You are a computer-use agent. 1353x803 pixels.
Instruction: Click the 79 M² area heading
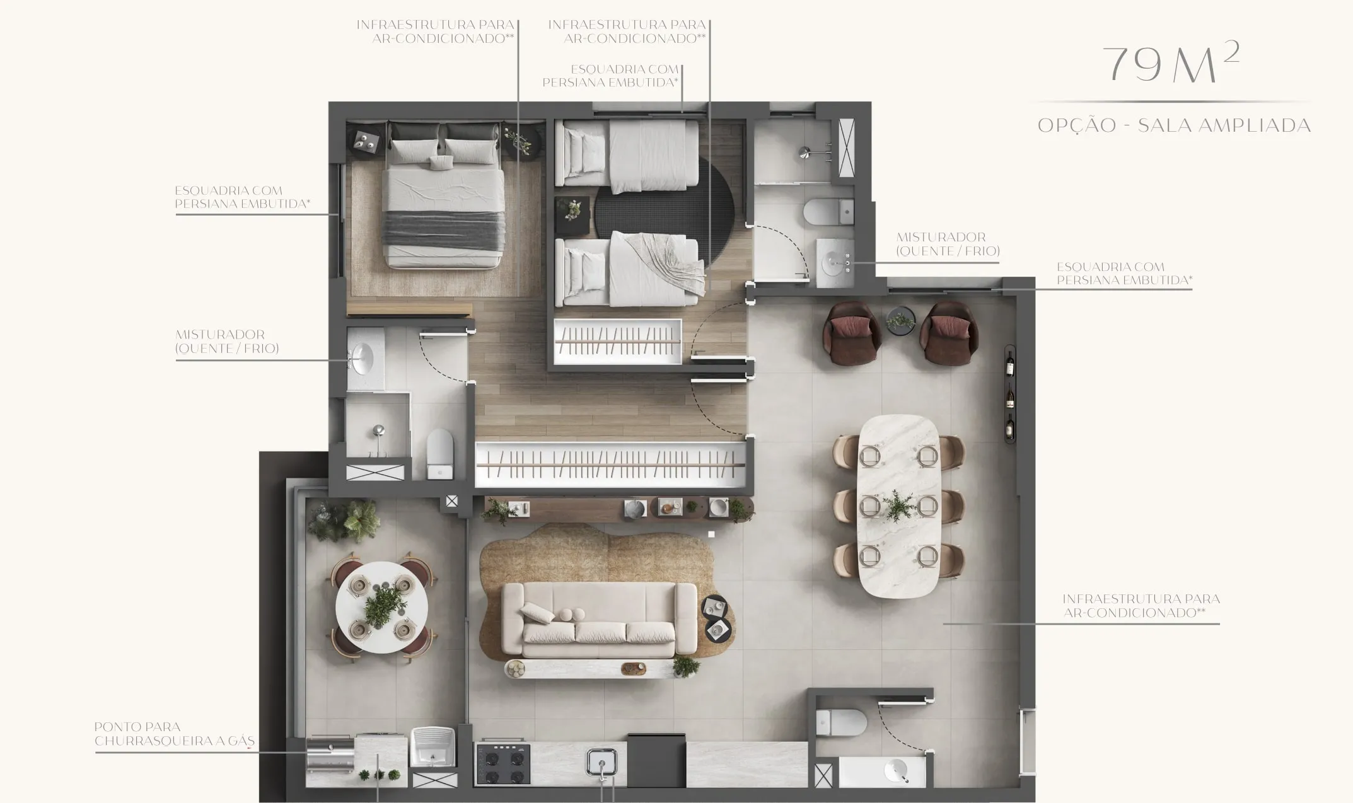[x=1171, y=64]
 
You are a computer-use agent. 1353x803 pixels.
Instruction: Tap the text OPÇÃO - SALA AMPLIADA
[x=1174, y=125]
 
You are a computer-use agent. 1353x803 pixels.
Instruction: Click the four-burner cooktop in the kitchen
[x=502, y=764]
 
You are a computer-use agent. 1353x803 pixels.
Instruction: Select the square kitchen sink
[x=601, y=763]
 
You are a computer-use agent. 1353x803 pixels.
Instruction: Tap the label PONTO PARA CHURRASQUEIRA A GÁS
[x=174, y=734]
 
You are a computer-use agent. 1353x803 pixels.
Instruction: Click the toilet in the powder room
[x=841, y=722]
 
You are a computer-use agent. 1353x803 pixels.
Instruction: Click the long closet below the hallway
[x=610, y=465]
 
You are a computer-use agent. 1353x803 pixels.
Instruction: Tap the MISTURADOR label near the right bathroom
[x=948, y=244]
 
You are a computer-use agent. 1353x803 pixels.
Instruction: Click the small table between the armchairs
[x=900, y=320]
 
